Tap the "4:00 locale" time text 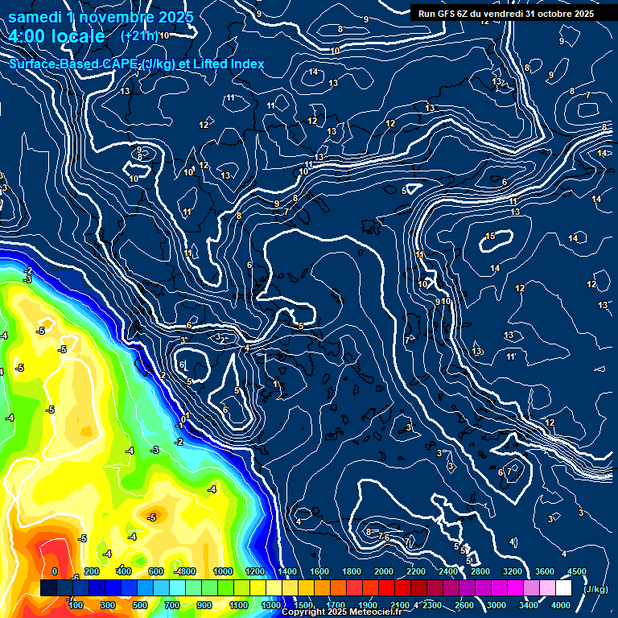[x=56, y=36]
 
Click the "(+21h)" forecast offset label [x=138, y=35]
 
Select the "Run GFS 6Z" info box [x=505, y=13]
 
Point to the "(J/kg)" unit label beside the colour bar [x=595, y=589]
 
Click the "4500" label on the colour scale [x=577, y=571]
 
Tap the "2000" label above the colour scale [x=384, y=571]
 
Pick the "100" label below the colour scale [x=76, y=605]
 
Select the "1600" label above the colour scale [x=319, y=571]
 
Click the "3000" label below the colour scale [x=496, y=605]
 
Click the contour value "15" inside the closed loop [x=490, y=236]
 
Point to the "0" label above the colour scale [x=55, y=571]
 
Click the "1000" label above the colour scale [x=223, y=571]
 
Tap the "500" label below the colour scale [x=140, y=605]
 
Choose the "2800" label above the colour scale [x=480, y=571]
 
